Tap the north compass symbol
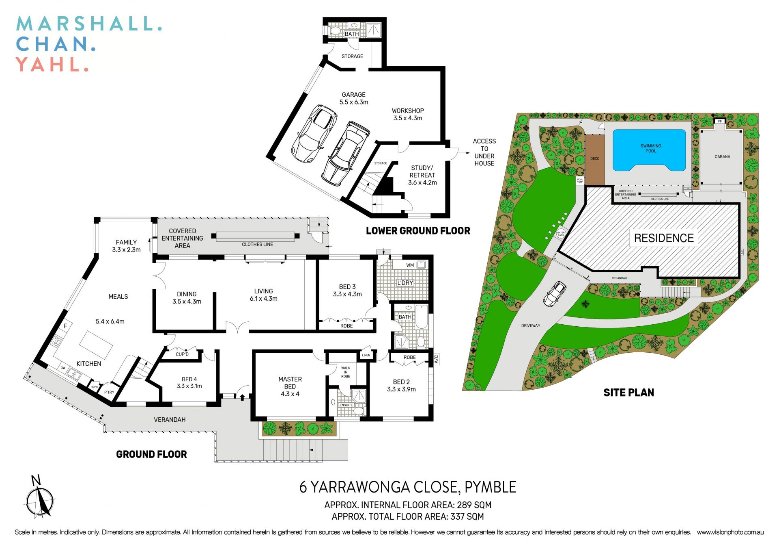pos(39,500)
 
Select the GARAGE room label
pos(353,95)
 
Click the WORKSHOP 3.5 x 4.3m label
pos(407,114)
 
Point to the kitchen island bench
pos(96,345)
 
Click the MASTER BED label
pos(290,383)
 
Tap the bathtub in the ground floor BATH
pos(422,317)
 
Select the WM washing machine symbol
pos(421,265)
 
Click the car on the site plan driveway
pos(554,294)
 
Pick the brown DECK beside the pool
pos(594,159)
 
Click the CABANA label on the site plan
pos(722,156)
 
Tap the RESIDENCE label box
pos(663,238)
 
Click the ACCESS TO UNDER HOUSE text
pos(484,152)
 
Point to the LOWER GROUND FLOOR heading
pos(418,231)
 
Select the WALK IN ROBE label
pos(345,372)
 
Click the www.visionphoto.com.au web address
pos(730,532)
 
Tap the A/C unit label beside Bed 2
pos(437,359)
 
